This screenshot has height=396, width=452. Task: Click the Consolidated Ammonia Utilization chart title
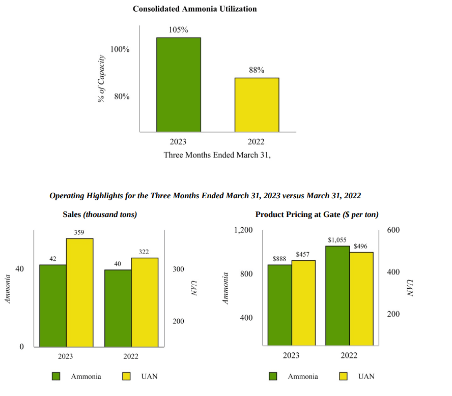click(194, 9)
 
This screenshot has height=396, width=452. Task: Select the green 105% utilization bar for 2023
click(178, 85)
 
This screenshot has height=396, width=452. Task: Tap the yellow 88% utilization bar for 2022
click(257, 105)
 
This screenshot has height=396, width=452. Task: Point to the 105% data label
click(178, 30)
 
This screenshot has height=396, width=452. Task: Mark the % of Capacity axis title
click(101, 79)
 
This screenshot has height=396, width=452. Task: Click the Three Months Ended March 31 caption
click(217, 155)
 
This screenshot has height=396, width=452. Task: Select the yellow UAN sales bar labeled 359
click(79, 292)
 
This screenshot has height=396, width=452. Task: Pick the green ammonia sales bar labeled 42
click(53, 306)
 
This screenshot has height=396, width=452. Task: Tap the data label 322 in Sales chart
click(144, 252)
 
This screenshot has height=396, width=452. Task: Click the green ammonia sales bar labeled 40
click(118, 308)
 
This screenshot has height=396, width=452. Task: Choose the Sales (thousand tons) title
click(100, 215)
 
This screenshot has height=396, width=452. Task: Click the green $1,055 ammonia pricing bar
click(337, 296)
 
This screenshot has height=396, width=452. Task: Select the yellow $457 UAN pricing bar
click(303, 303)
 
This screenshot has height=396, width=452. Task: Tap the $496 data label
click(361, 246)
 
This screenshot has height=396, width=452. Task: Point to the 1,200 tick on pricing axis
click(243, 230)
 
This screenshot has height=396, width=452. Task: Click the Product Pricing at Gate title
click(317, 215)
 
